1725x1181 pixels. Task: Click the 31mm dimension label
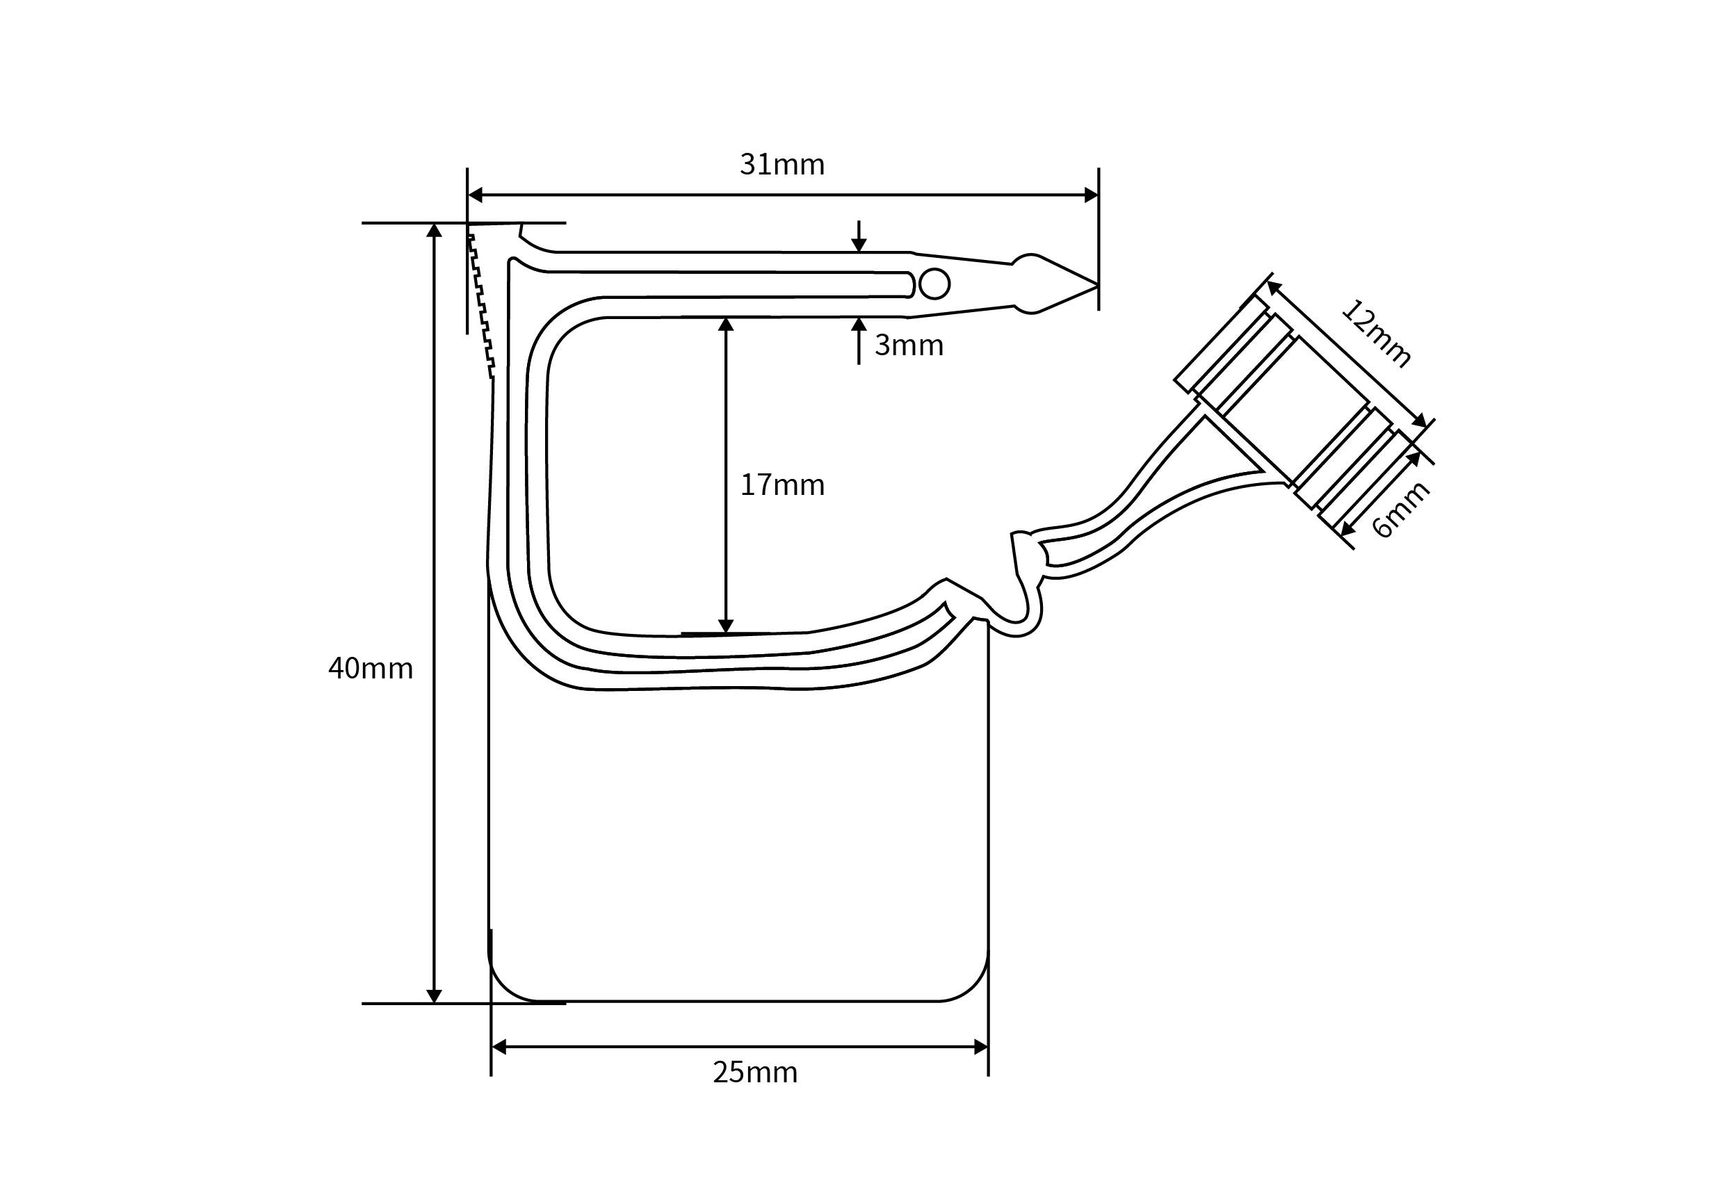[781, 165]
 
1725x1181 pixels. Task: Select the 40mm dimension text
[371, 669]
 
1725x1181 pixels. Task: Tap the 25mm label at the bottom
[755, 1073]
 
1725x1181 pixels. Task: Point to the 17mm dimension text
[782, 485]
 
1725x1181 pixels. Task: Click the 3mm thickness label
[909, 346]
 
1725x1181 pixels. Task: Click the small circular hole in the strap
[934, 284]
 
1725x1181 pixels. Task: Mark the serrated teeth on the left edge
[482, 304]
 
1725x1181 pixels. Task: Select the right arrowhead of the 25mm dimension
[980, 1048]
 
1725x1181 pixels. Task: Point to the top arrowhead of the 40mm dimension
[435, 230]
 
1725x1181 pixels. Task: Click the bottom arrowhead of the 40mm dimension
[435, 996]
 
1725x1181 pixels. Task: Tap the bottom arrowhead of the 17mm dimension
[726, 626]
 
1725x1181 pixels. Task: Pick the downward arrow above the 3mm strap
[859, 244]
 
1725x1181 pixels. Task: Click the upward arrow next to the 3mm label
[859, 325]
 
